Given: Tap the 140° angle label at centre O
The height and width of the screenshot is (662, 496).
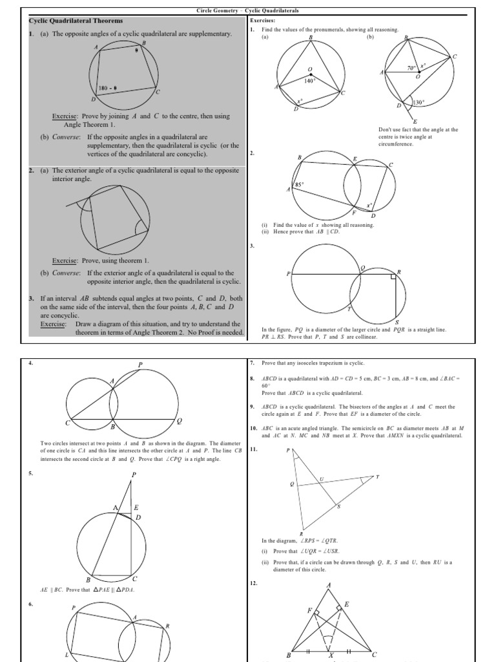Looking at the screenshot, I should (x=309, y=81).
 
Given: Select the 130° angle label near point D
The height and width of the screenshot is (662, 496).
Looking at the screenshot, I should (x=419, y=103).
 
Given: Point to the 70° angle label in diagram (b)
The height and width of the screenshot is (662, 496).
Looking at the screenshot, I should (x=410, y=68).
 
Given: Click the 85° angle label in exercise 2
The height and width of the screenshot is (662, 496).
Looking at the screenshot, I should (x=299, y=184).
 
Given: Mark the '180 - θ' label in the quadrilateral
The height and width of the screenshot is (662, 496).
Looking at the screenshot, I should (x=107, y=88).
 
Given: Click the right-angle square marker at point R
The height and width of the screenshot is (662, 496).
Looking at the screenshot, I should (x=392, y=277).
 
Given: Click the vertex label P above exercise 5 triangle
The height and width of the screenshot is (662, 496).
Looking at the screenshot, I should (x=134, y=475).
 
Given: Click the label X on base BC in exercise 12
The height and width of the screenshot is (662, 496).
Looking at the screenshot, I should (x=332, y=655).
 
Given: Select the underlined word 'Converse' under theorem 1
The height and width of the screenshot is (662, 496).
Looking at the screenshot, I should (x=66, y=137).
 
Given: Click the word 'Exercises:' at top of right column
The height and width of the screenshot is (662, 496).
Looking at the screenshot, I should (x=262, y=21).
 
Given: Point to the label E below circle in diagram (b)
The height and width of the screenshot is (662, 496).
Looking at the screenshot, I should (x=415, y=122).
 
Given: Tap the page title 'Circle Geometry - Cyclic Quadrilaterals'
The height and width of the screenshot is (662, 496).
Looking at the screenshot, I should (x=247, y=11).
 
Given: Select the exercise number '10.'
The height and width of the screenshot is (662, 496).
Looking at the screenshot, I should (x=253, y=428).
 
